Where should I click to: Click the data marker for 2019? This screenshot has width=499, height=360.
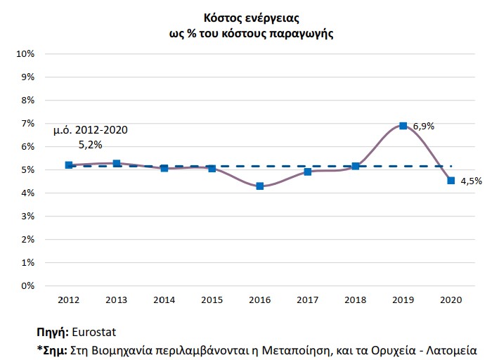[x=403, y=126]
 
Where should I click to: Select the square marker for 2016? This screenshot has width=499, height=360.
[x=259, y=186]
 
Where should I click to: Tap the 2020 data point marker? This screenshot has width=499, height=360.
[x=451, y=181]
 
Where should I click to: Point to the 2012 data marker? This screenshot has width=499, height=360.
[x=69, y=165]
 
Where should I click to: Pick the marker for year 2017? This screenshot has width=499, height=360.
[x=307, y=172]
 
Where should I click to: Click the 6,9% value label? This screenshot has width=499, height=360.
[x=424, y=127]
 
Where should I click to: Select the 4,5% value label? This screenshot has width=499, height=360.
[x=472, y=181]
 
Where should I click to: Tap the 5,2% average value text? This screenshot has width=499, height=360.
[x=91, y=145]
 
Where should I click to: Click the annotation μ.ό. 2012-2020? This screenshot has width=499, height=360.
[x=91, y=130]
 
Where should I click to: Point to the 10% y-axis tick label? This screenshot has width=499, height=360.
[x=25, y=54]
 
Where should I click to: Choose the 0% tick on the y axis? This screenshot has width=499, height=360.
[x=27, y=286]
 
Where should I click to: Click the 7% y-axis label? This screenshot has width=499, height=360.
[x=27, y=124]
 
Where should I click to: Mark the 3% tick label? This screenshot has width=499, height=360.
[x=27, y=216]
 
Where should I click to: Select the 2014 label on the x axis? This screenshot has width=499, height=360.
[x=164, y=300]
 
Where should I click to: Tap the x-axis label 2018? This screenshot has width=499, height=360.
[x=355, y=300]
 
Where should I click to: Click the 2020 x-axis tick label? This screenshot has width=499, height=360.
[x=451, y=300]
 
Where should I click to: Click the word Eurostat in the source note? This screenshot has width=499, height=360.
[x=94, y=333]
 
